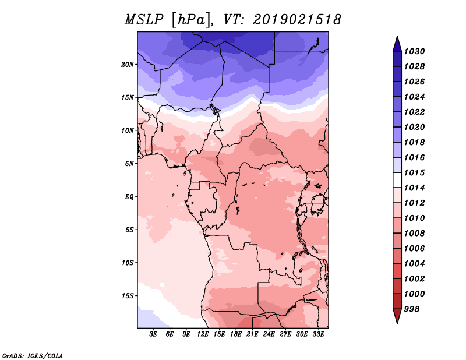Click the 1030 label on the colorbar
click(414, 51)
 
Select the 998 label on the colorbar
click(412, 309)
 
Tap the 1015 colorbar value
click(414, 172)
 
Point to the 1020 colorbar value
click(414, 127)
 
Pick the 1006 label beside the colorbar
click(414, 249)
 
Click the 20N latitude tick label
click(128, 65)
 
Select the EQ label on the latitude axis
click(129, 197)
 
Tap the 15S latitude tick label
click(128, 296)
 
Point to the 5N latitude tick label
click(129, 164)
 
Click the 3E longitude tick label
click(153, 334)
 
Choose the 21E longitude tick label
click(252, 334)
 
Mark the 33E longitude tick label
click(318, 334)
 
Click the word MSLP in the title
click(144, 20)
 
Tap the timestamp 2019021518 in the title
click(296, 20)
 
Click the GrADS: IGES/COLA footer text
click(33, 355)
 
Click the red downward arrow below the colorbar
click(397, 316)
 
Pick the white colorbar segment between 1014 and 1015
click(397, 180)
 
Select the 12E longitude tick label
click(203, 334)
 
